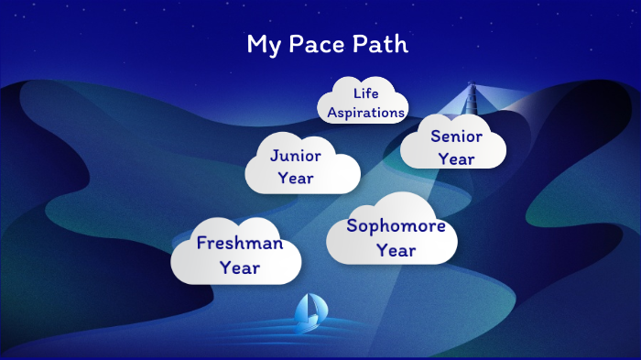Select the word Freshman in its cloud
[x=239, y=245]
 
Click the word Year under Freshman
[x=239, y=267]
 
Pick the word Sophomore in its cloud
[x=396, y=226]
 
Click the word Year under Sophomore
[x=396, y=249]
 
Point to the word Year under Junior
[x=295, y=178]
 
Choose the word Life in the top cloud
[x=365, y=93]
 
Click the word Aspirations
[x=365, y=113]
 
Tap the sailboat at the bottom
[x=308, y=313]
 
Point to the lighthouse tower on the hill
[x=473, y=101]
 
